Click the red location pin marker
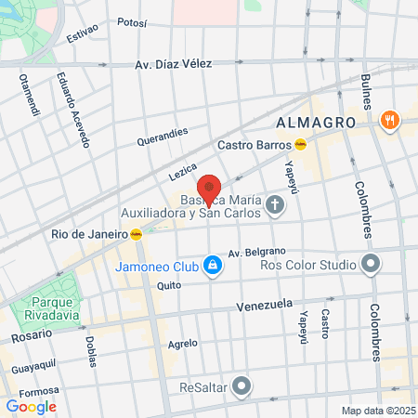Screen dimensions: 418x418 209,189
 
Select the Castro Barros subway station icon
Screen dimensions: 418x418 301,144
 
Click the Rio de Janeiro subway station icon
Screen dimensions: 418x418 137,234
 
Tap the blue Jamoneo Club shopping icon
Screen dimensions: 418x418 214,266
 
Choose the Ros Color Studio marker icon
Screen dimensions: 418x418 371,265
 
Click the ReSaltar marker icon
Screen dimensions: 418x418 242,385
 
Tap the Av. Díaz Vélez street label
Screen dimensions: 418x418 174,64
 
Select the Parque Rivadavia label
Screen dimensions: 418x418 46,308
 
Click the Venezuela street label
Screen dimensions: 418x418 265,305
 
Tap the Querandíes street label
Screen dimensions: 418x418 163,137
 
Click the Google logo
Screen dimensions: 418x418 31,406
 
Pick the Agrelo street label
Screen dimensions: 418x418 183,342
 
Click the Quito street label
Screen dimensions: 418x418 168,286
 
